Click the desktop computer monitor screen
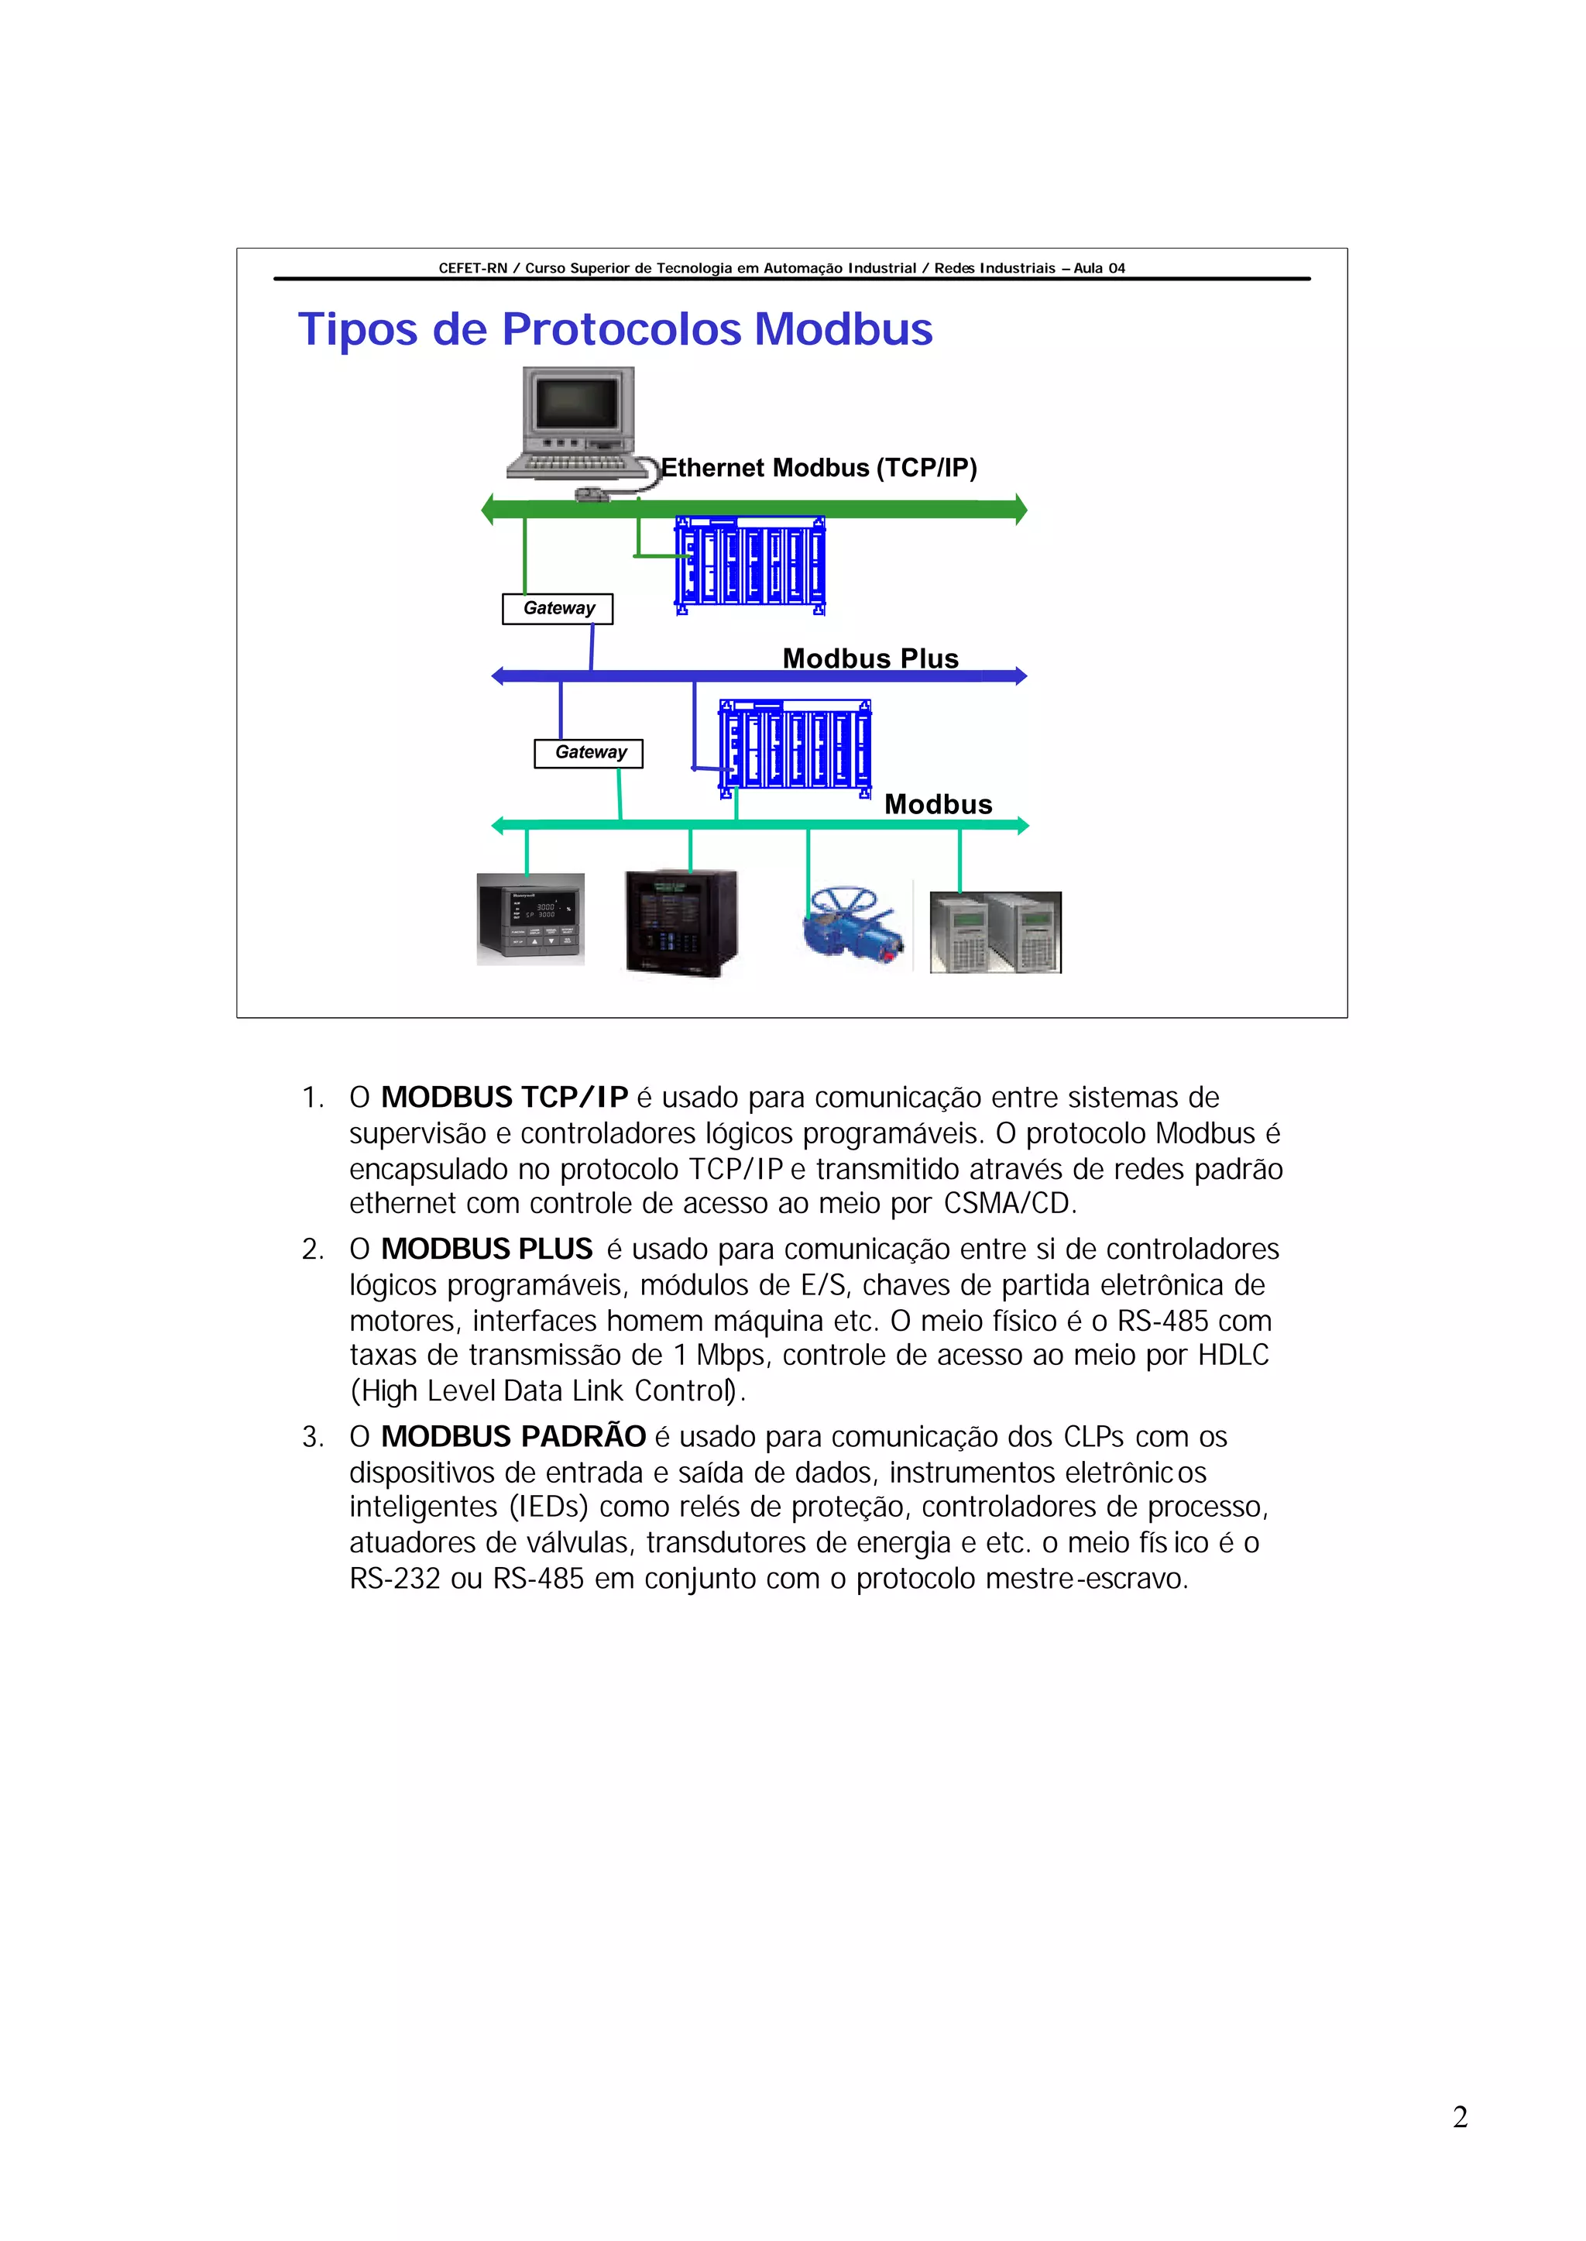tap(577, 403)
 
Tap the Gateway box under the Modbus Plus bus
tap(589, 753)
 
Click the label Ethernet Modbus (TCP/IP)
tap(819, 468)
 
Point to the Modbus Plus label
tap(870, 658)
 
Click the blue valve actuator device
tap(853, 925)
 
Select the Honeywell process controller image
tap(530, 918)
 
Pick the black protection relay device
tap(681, 922)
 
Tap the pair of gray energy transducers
tap(995, 932)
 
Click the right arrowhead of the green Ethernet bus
tap(1021, 509)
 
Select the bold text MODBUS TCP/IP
tap(504, 1097)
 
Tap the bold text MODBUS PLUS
tap(486, 1249)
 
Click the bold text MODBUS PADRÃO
tap(513, 1436)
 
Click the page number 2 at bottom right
tap(1460, 2117)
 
